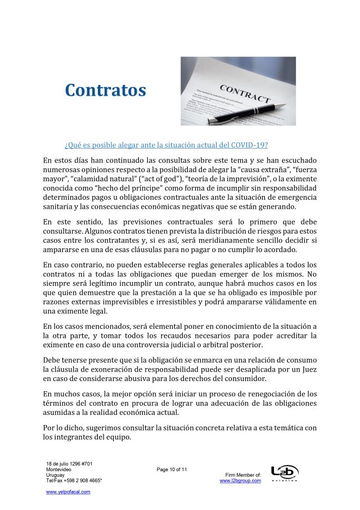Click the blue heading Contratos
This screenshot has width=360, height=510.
[x=105, y=90]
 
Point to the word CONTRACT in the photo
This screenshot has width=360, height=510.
[x=244, y=93]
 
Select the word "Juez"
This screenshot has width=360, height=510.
[x=308, y=370]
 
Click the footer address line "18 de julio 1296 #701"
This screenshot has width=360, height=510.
[x=69, y=464]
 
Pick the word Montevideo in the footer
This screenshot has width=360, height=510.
[x=58, y=469]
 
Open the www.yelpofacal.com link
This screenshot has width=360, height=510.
[x=68, y=491]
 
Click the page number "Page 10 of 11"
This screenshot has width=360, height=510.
[x=172, y=469]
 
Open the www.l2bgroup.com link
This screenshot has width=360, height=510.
[x=240, y=481]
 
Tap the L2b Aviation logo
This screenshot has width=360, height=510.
[x=285, y=473]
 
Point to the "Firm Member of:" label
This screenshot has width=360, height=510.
[x=242, y=475]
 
